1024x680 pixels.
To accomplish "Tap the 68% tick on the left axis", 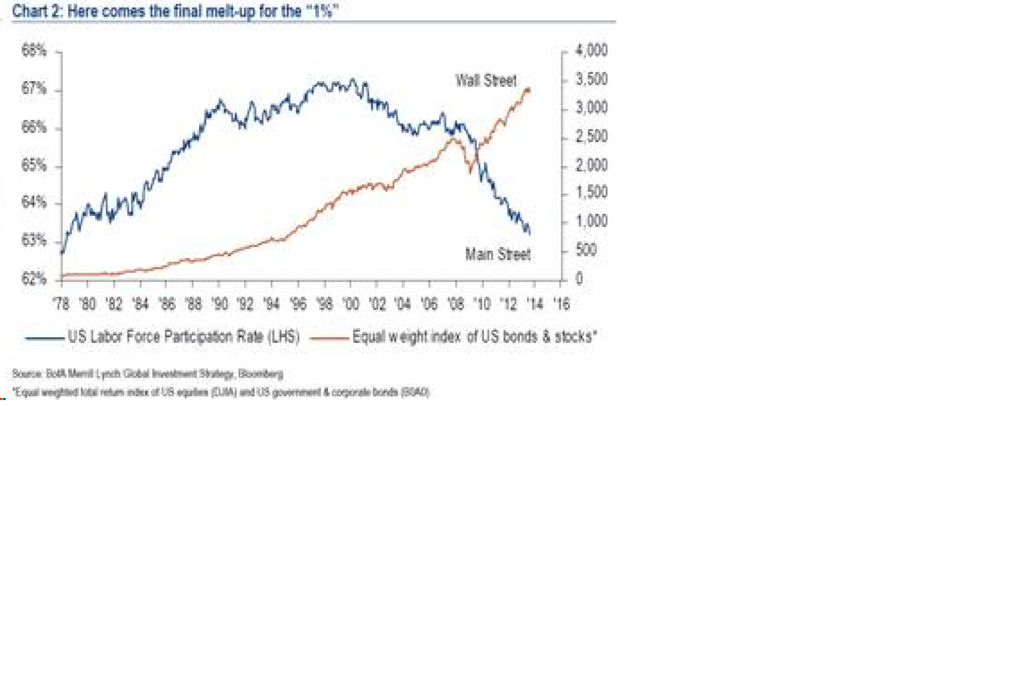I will click(x=34, y=51).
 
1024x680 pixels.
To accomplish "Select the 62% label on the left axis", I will click(x=34, y=279).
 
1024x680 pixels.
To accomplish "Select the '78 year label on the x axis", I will click(x=61, y=304).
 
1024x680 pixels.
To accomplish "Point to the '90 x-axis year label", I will click(x=220, y=304).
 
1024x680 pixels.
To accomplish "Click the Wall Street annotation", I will click(x=486, y=81).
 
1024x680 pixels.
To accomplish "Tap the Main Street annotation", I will click(x=497, y=254).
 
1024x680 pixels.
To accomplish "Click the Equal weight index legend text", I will click(x=474, y=337).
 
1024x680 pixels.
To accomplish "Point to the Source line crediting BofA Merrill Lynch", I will click(x=147, y=374).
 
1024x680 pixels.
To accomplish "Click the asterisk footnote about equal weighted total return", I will click(x=221, y=392).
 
